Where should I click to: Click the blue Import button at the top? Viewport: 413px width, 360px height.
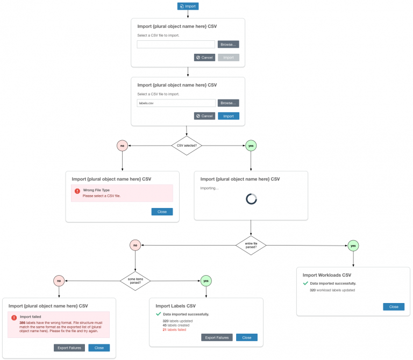point(188,6)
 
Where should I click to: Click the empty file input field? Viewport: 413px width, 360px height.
point(176,45)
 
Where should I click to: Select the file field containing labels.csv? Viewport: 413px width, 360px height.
point(176,103)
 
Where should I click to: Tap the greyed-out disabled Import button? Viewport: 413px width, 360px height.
point(229,57)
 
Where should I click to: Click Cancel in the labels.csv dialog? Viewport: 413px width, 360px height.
point(204,116)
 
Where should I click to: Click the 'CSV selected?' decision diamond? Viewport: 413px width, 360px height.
point(187,145)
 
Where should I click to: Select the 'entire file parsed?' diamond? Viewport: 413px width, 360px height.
point(251,245)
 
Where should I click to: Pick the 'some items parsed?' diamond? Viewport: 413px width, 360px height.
point(135,280)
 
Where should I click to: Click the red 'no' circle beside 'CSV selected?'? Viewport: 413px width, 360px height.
point(123,145)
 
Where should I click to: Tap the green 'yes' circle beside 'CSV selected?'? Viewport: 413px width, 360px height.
point(250,145)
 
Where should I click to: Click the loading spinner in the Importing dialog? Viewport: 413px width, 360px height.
point(251,199)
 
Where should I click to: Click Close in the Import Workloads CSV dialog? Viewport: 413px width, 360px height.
point(394,306)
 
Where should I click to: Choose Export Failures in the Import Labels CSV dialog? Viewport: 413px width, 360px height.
point(217,337)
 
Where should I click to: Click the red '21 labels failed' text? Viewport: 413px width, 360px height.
point(174,330)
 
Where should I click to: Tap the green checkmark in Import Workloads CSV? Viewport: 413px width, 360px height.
point(305,283)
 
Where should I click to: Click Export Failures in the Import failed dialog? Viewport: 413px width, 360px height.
point(69,348)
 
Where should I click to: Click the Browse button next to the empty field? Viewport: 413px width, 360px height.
point(228,45)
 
